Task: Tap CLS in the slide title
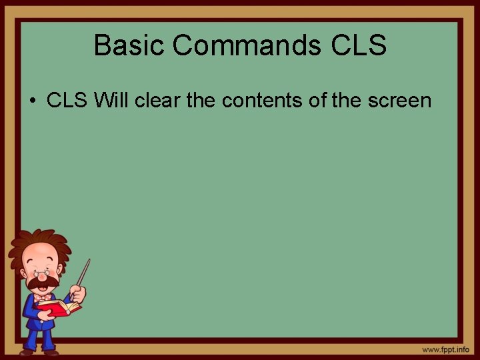[358, 45]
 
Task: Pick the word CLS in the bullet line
[67, 101]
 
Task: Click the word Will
[113, 101]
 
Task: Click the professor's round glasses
[42, 272]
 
